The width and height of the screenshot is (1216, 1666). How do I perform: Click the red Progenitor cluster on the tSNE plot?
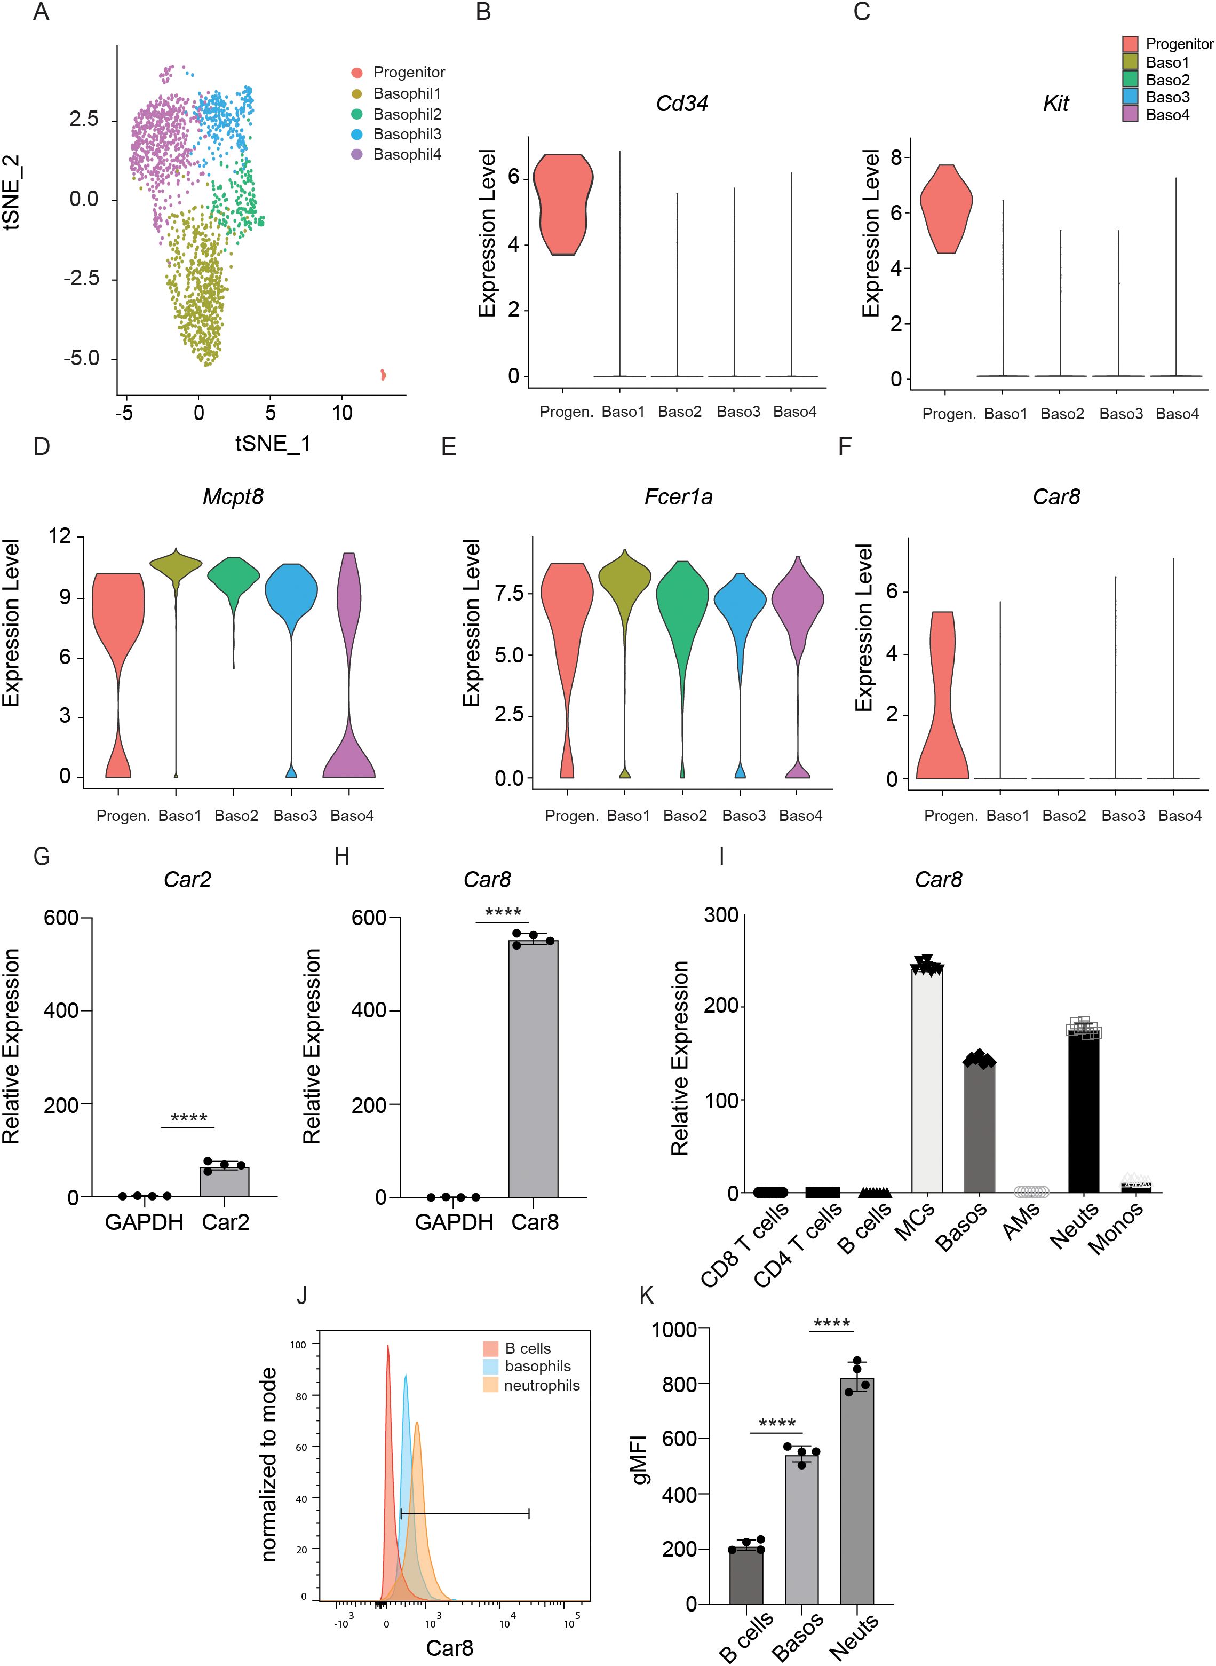[383, 375]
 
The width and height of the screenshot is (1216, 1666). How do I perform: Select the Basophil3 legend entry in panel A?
[407, 134]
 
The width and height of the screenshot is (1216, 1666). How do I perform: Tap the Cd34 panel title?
[681, 103]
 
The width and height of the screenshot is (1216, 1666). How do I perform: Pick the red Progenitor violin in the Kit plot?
[945, 210]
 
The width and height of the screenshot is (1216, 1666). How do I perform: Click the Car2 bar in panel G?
[225, 1182]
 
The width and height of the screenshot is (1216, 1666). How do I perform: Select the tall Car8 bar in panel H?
[533, 1068]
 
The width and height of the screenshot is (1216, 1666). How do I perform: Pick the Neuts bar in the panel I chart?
[1084, 1112]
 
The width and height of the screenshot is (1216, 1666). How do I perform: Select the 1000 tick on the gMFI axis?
[674, 1330]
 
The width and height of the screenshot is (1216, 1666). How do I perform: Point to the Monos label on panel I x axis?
[1117, 1227]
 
